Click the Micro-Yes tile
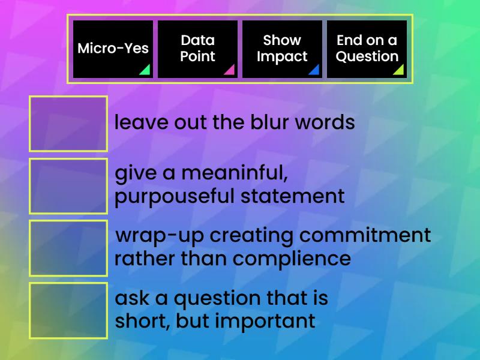(x=113, y=49)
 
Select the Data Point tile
(x=197, y=49)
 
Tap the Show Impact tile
(x=282, y=49)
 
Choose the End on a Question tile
(x=367, y=49)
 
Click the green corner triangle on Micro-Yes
(x=145, y=70)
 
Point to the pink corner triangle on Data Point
(x=230, y=70)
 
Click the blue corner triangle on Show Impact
(x=314, y=70)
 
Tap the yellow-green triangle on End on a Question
(x=399, y=70)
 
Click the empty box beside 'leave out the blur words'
(x=68, y=124)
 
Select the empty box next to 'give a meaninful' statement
(x=68, y=186)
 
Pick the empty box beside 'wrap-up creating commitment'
(x=68, y=248)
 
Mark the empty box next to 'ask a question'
(x=68, y=310)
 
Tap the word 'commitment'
(x=365, y=235)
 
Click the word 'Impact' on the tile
(x=282, y=57)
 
